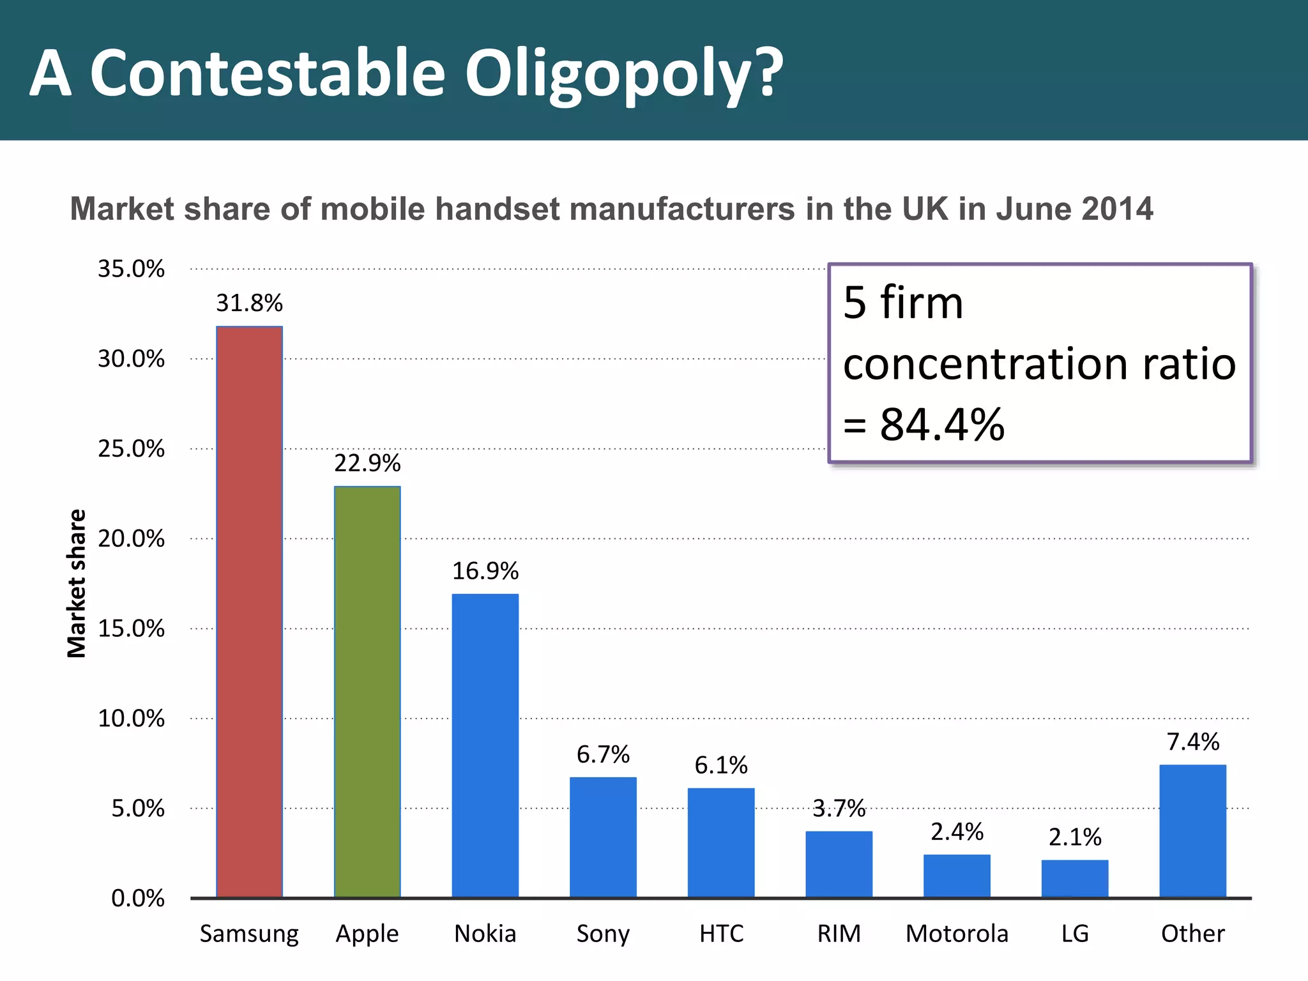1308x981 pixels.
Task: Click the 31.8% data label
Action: pos(249,303)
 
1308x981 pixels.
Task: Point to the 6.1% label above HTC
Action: pos(721,765)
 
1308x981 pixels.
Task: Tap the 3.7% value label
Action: pos(839,809)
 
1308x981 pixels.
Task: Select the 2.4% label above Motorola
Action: pos(957,832)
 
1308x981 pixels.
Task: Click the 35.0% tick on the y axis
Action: pos(131,269)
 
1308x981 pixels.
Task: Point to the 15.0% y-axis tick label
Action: pos(131,629)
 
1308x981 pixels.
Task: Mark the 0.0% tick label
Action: pos(138,899)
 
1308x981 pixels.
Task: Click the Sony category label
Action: pos(603,934)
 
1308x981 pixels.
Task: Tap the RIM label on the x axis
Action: pos(839,934)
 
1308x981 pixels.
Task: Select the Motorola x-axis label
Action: pos(957,934)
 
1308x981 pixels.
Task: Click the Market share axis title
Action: pos(77,583)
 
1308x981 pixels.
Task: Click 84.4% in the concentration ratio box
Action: pos(941,425)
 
